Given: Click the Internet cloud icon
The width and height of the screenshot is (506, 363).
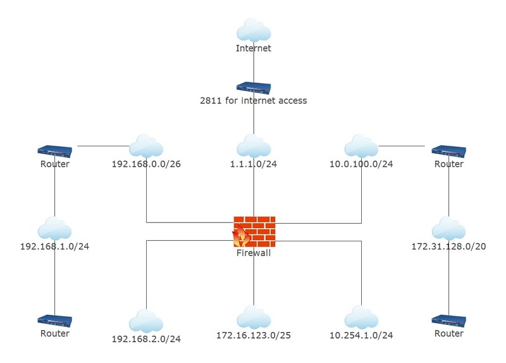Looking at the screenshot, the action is (x=254, y=30).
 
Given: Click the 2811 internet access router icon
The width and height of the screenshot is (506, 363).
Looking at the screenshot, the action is (x=254, y=87).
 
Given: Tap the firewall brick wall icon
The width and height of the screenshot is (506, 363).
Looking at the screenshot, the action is (x=254, y=232).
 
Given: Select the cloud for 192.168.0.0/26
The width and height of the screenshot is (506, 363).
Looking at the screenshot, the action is (x=146, y=146).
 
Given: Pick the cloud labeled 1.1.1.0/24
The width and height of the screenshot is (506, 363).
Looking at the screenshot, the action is (x=254, y=146).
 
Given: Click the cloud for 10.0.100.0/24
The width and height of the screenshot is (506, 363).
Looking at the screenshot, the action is (x=361, y=146).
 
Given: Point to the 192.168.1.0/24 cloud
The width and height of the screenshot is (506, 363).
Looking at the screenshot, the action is (x=54, y=229).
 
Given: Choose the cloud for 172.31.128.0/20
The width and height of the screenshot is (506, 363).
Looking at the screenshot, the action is (x=448, y=229).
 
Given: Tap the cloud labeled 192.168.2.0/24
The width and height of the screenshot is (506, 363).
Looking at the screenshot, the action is (x=146, y=321).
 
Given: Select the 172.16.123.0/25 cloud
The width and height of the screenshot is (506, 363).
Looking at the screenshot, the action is (x=254, y=317).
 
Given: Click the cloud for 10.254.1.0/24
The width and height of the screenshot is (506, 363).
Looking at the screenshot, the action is (x=361, y=317).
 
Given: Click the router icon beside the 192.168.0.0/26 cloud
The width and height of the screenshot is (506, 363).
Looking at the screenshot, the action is (x=54, y=151).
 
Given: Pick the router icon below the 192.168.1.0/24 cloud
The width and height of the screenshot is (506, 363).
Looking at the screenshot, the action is (x=54, y=321).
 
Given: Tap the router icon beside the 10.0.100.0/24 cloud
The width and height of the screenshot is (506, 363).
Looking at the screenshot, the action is (x=448, y=151).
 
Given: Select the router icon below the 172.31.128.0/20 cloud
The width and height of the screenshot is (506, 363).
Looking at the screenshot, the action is (x=448, y=321).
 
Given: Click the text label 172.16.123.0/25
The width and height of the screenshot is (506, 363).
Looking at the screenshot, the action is (x=254, y=335).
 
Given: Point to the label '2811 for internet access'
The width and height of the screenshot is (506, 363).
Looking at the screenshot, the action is (x=254, y=101).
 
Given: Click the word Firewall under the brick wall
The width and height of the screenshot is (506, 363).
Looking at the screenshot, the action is (x=254, y=253).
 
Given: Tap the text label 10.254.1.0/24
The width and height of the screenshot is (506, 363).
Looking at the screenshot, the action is (x=361, y=335).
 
